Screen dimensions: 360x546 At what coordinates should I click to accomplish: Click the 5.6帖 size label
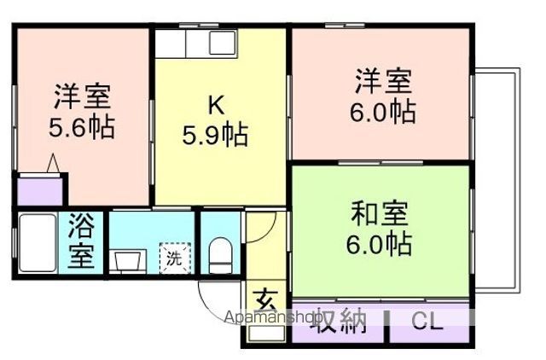(x=82, y=128)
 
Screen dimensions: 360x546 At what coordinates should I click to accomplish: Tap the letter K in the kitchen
(x=217, y=105)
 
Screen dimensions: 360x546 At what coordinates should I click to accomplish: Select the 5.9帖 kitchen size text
(x=217, y=135)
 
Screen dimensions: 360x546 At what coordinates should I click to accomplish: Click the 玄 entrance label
(x=265, y=301)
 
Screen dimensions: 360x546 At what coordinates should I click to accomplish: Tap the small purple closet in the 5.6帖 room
(x=39, y=189)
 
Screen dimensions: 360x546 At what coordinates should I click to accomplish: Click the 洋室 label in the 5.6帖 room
(x=83, y=94)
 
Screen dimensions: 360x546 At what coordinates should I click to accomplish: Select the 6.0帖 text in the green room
(x=380, y=245)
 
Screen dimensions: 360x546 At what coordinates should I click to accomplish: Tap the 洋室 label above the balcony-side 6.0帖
(x=384, y=82)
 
